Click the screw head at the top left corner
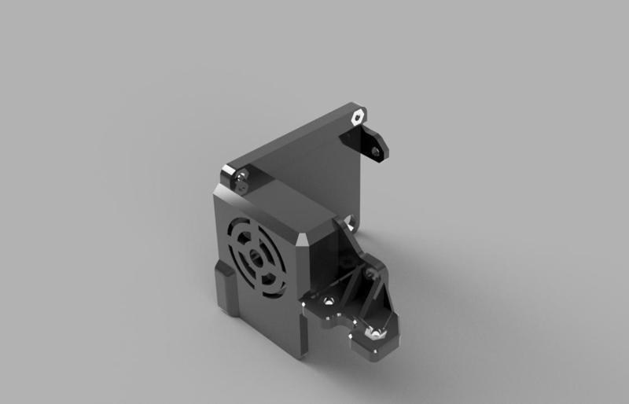241,177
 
